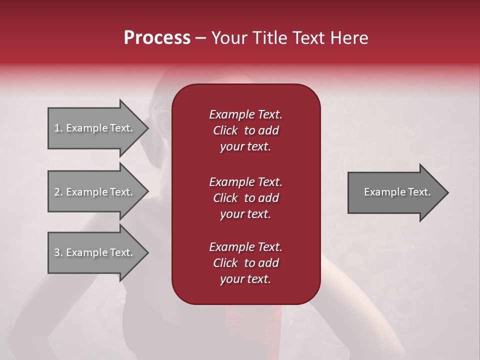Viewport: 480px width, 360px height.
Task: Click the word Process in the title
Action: tap(157, 38)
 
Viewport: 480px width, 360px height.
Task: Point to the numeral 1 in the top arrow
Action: tap(57, 128)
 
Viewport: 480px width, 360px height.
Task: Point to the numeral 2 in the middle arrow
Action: tap(57, 192)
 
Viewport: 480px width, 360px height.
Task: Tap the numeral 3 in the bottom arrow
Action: tap(57, 252)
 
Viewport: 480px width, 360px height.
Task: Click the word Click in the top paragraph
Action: tap(225, 130)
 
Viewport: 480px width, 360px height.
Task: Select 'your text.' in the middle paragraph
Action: tap(245, 214)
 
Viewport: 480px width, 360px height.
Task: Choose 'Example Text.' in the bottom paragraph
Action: tap(245, 247)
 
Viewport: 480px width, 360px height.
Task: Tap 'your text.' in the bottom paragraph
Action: tap(245, 279)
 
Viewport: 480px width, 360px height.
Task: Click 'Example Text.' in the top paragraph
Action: tap(245, 114)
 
